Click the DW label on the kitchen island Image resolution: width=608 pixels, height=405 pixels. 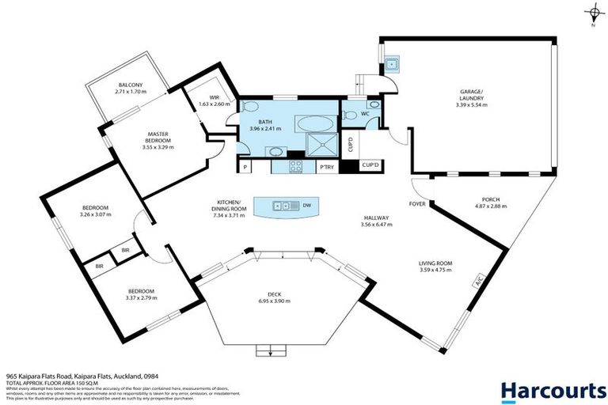pyautogui.click(x=306, y=206)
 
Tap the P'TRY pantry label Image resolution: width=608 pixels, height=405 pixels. pyautogui.click(x=325, y=168)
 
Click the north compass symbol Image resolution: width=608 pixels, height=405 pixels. pyautogui.click(x=593, y=13)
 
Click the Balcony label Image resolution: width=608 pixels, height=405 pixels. pyautogui.click(x=131, y=85)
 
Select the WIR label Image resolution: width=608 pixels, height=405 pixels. pyautogui.click(x=213, y=97)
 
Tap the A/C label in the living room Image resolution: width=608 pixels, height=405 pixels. pyautogui.click(x=477, y=279)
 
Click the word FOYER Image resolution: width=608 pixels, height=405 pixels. pyautogui.click(x=417, y=203)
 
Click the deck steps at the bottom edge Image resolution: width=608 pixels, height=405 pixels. pyautogui.click(x=275, y=353)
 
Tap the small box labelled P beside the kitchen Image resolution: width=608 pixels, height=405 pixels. pyautogui.click(x=247, y=168)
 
